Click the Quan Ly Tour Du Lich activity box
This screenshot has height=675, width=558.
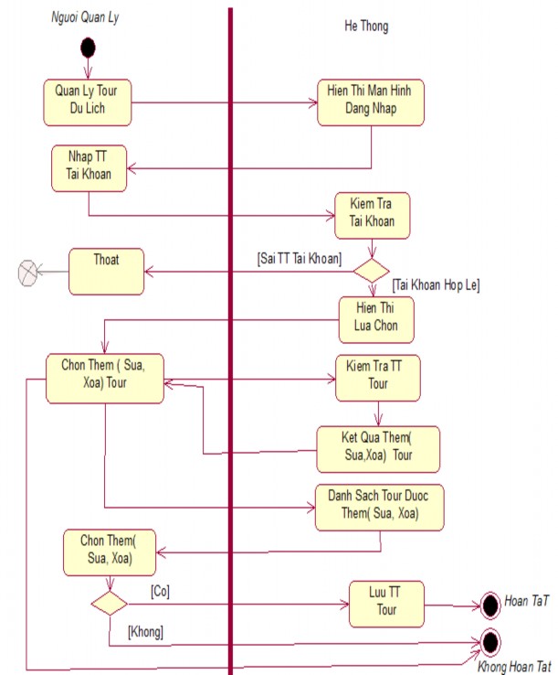click(x=87, y=102)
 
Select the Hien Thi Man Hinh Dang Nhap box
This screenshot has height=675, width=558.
click(x=371, y=102)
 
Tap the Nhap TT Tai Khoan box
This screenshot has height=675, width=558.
click(x=88, y=167)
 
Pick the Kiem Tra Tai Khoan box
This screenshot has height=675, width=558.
click(x=371, y=213)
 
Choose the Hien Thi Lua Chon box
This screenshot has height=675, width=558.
click(x=370, y=319)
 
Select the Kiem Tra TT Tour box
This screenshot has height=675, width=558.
click(x=377, y=377)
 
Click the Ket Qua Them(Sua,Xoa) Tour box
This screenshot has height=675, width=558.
click(x=377, y=448)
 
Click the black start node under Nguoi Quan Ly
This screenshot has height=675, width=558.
click(x=88, y=48)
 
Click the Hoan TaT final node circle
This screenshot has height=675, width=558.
click(x=489, y=605)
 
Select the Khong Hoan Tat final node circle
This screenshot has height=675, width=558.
click(x=489, y=640)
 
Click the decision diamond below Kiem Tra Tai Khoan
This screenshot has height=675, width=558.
click(x=371, y=270)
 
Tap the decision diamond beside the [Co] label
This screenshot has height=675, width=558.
click(x=109, y=603)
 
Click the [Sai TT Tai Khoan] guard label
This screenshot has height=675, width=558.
click(x=300, y=258)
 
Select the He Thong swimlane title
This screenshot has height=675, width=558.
click(x=367, y=27)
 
